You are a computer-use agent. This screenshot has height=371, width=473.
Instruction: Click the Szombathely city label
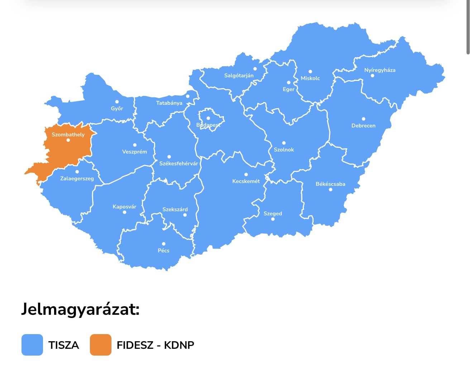pos(68,135)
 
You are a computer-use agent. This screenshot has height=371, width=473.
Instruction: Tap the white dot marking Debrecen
pos(363,119)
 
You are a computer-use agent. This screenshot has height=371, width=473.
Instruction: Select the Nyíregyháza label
pos(380,70)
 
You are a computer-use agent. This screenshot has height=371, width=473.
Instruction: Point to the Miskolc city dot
pos(310,72)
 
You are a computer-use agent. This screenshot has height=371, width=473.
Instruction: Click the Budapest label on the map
pos(208,125)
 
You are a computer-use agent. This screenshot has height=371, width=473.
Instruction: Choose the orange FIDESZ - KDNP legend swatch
pos(101,345)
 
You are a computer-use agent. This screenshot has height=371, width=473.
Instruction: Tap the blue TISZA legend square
pos(32,345)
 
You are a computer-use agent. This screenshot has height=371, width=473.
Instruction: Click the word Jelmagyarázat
pos(80,309)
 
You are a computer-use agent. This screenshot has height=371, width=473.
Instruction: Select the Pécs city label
pos(163,251)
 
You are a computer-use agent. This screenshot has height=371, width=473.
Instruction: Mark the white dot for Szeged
pos(273,219)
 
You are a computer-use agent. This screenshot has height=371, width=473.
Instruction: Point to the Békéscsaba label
pos(330,184)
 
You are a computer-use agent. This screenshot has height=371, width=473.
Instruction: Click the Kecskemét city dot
pos(246,175)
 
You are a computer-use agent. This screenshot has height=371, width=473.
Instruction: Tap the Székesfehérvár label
pos(178,164)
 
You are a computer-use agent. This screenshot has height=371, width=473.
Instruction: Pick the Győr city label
pos(117,109)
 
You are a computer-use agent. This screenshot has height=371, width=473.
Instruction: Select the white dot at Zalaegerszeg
pos(77,172)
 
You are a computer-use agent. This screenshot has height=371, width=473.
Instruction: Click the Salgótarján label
pos(239,76)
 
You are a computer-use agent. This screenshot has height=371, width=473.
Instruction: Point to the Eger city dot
pos(288,83)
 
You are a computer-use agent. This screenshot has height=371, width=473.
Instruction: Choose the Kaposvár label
pos(124,207)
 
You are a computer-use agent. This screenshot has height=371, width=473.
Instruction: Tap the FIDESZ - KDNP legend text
pos(156,345)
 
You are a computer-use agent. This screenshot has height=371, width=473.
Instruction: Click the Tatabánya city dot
pos(187,96)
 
